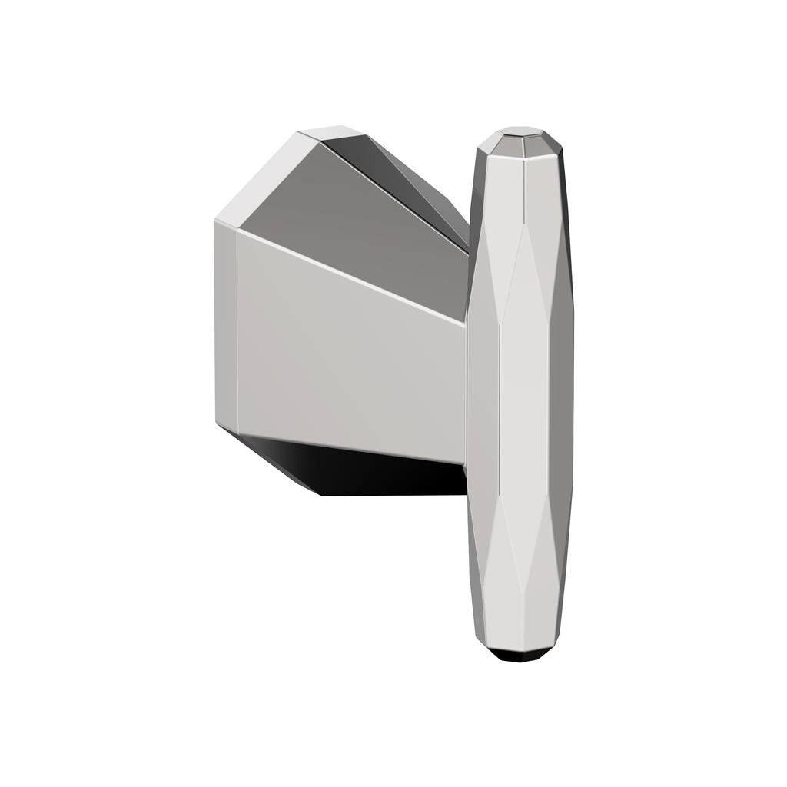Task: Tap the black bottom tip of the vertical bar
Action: (x=520, y=656)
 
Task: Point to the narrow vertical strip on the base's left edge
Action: (x=225, y=323)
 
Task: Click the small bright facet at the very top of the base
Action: (x=330, y=132)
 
